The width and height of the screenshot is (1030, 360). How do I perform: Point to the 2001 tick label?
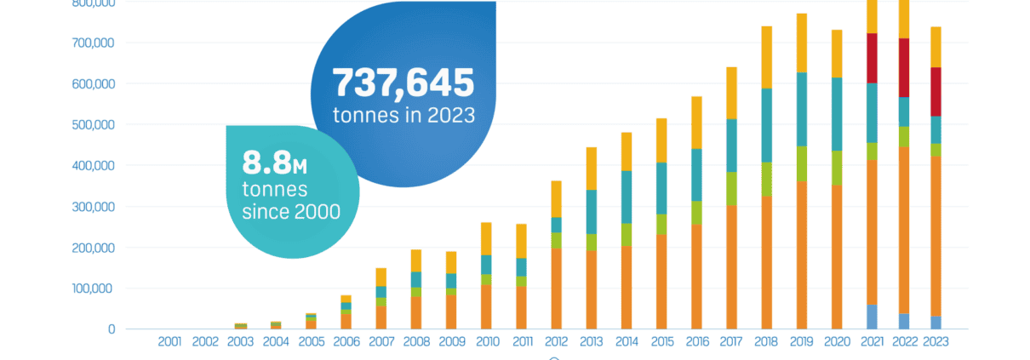170,341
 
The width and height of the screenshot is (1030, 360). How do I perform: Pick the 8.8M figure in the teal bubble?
275,161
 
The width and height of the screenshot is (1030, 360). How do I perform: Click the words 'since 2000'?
291,210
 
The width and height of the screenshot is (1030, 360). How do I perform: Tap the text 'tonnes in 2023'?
403,115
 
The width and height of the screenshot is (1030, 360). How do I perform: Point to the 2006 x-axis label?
346,341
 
